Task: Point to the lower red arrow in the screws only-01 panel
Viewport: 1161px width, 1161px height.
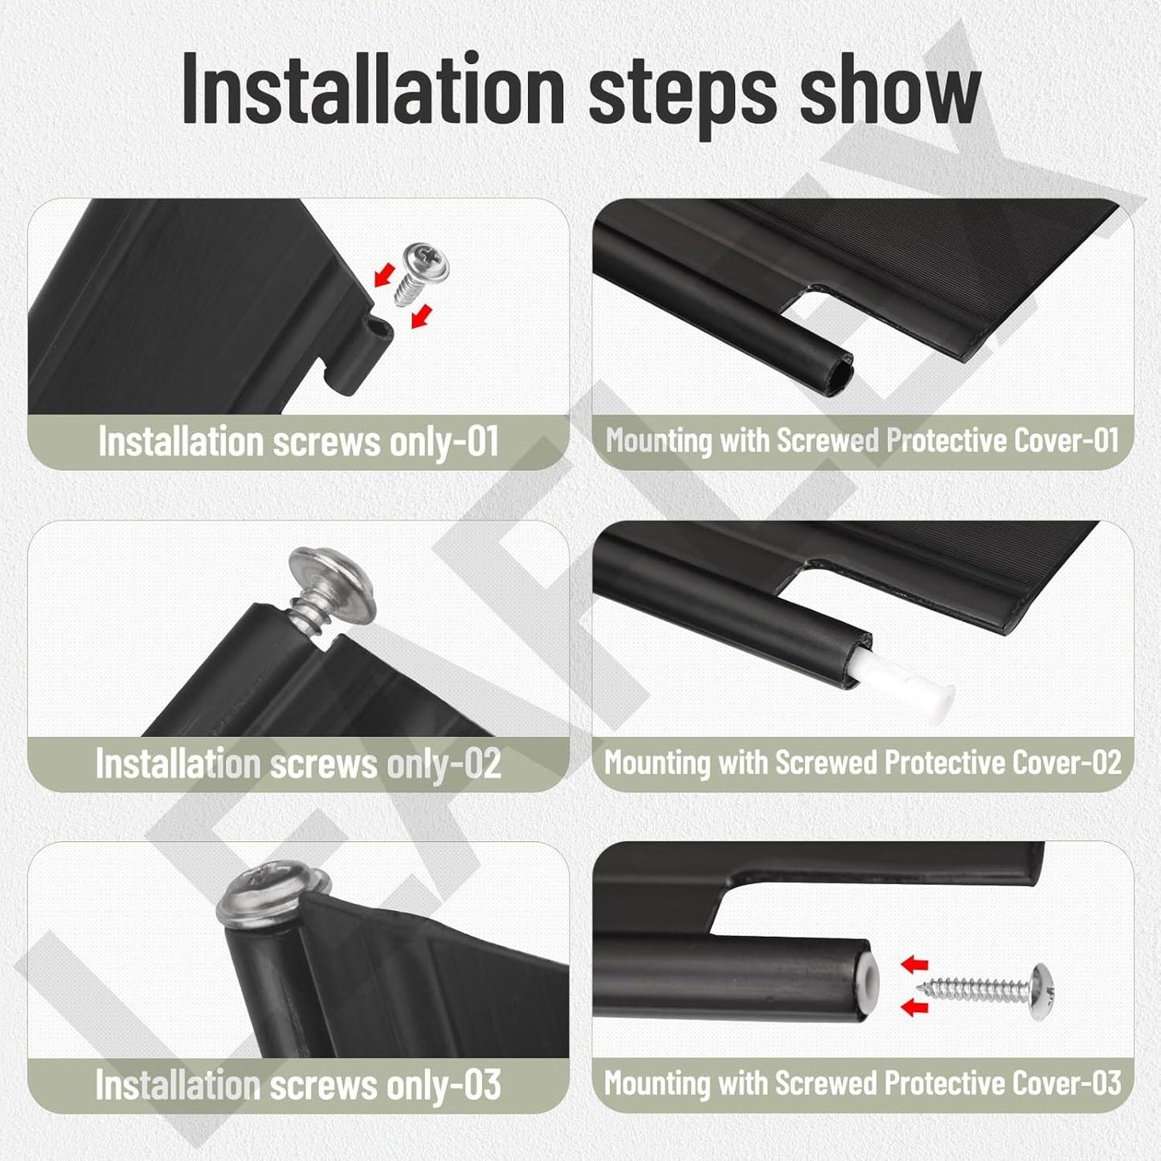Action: tap(422, 317)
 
